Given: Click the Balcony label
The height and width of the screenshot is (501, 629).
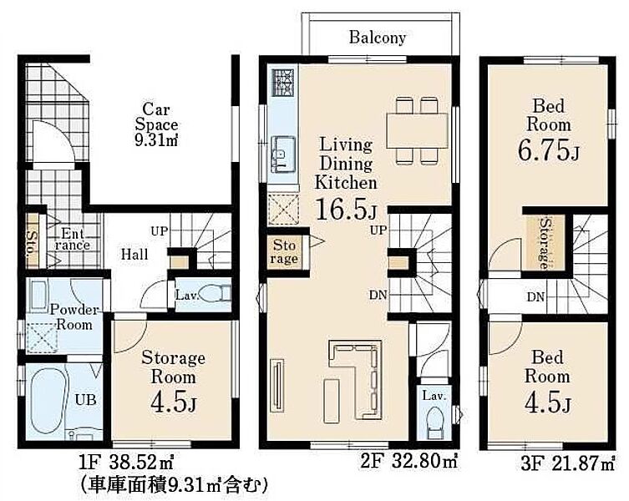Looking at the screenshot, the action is pyautogui.click(x=377, y=38).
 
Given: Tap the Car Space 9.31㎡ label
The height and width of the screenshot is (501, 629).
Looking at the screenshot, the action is pyautogui.click(x=156, y=124).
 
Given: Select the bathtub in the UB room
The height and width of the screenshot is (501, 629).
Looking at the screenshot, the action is pyautogui.click(x=48, y=399).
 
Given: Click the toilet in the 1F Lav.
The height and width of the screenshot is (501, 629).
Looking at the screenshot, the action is pyautogui.click(x=214, y=293).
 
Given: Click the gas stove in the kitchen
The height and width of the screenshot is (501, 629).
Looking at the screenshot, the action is pyautogui.click(x=283, y=83).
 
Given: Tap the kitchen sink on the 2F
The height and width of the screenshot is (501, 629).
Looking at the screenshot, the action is pyautogui.click(x=283, y=154).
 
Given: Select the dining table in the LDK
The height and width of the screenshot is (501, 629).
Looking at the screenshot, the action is pyautogui.click(x=417, y=130).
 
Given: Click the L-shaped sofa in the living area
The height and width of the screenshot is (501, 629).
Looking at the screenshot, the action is pyautogui.click(x=356, y=379).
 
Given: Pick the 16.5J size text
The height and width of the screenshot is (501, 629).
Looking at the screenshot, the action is pyautogui.click(x=347, y=209).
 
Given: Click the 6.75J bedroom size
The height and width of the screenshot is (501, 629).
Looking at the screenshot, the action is pyautogui.click(x=548, y=149).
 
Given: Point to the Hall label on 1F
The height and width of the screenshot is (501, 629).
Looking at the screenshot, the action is pyautogui.click(x=134, y=255).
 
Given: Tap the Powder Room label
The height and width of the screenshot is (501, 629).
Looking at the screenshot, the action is pyautogui.click(x=74, y=316).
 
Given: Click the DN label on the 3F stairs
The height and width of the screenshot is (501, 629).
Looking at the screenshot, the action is pyautogui.click(x=536, y=297).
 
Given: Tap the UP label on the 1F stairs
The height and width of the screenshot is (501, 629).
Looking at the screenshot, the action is pyautogui.click(x=160, y=231).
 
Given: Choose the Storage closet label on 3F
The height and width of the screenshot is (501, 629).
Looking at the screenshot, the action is pyautogui.click(x=545, y=243).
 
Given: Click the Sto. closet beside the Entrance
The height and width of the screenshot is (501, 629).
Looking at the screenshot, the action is pyautogui.click(x=32, y=241).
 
